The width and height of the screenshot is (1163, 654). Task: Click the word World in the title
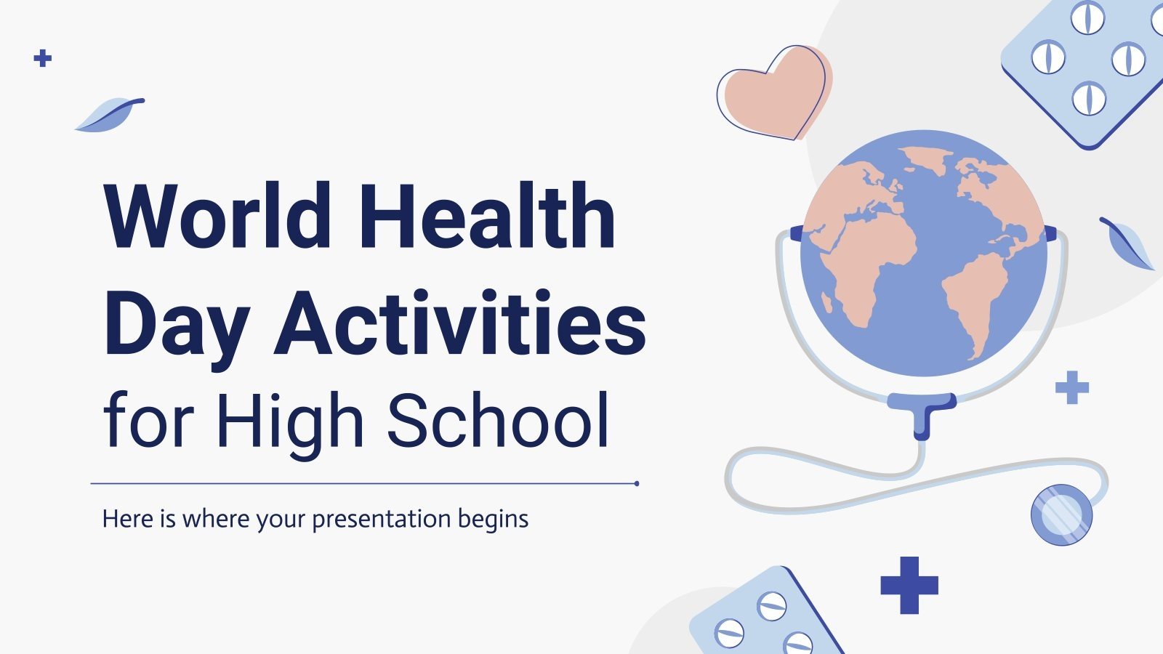tap(217, 217)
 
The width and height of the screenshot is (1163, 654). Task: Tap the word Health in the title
tap(488, 217)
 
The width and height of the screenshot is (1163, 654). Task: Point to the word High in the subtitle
tap(290, 421)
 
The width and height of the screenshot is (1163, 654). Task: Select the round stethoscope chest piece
tap(1061, 514)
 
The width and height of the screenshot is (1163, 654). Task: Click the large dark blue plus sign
tap(909, 585)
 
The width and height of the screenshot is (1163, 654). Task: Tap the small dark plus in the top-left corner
tap(43, 58)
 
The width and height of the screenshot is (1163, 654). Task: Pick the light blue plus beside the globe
tap(1072, 387)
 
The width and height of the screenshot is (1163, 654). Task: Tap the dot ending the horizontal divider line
tap(637, 483)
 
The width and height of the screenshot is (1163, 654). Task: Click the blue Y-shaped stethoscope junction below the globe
tap(922, 411)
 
